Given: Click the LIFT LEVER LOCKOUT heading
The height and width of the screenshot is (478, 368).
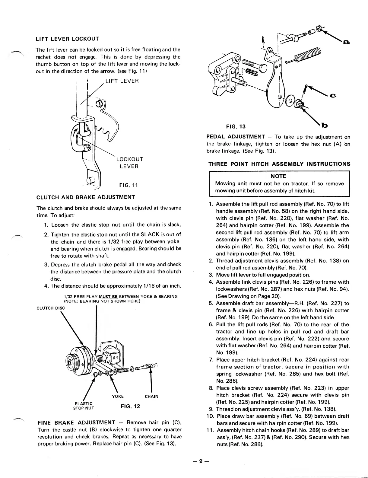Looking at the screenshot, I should (x=67, y=39).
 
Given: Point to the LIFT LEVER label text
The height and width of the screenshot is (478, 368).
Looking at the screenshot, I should (x=122, y=81).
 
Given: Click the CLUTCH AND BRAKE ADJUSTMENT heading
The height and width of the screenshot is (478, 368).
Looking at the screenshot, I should (x=85, y=197).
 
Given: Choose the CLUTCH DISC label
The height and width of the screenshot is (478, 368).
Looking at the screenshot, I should (x=50, y=308).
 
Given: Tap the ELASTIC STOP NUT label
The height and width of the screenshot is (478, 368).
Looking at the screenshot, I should (x=84, y=406).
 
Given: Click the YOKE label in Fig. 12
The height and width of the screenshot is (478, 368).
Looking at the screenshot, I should (x=118, y=396).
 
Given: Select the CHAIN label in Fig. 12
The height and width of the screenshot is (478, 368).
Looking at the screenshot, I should (x=151, y=396).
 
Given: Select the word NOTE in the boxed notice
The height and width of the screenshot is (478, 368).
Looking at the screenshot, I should (x=278, y=176).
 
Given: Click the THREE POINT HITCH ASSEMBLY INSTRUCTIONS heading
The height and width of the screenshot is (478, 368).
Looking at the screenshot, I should (x=279, y=164).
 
